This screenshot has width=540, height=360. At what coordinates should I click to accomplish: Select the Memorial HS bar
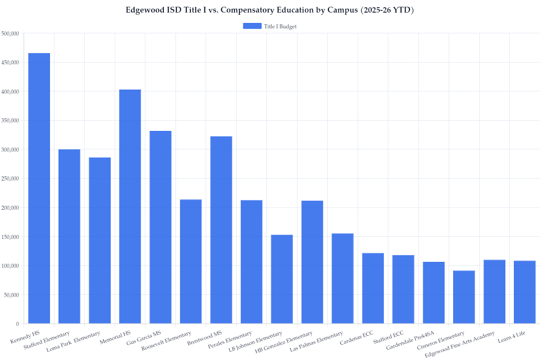pos(130,207)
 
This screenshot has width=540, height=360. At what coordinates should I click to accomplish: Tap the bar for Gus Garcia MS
pos(160,227)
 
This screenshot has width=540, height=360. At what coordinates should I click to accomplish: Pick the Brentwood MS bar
pos(221,230)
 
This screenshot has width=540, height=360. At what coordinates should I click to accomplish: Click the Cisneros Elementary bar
pos(464,297)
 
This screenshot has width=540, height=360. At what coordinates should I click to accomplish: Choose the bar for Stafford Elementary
pos(69,236)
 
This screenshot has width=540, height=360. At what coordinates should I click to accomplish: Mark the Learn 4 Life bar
pos(525,292)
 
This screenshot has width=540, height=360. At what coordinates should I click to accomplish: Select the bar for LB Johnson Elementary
pos(282,279)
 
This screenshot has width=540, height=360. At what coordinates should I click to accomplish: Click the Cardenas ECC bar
pos(373,288)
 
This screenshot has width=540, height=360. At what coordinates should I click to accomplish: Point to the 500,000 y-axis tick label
pos(10,33)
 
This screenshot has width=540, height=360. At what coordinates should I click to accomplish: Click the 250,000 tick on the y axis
pos(10,179)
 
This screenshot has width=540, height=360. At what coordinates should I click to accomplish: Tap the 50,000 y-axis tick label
pos(11,295)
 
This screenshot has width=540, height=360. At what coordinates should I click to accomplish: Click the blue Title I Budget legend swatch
pos(252,26)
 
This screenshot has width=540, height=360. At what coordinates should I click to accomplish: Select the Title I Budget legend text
pos(280,27)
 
